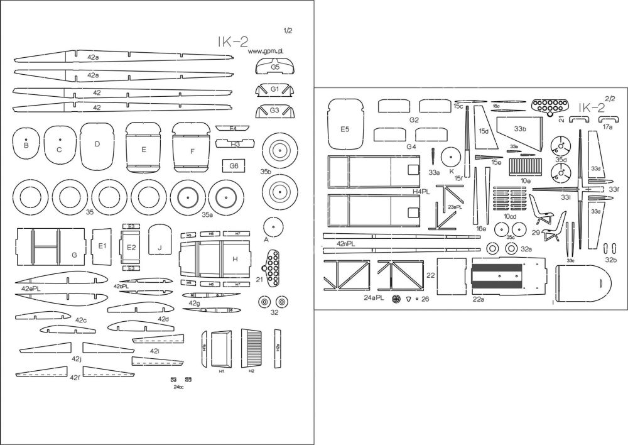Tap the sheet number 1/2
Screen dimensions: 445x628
(x=288, y=30)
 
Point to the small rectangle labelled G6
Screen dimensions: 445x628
(x=234, y=165)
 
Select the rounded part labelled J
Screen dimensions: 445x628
(x=160, y=241)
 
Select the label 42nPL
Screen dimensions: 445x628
(x=345, y=243)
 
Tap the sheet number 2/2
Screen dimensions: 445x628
(x=610, y=98)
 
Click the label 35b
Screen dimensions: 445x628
(x=266, y=171)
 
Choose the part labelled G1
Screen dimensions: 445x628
(x=275, y=89)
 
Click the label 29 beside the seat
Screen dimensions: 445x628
(x=536, y=232)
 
